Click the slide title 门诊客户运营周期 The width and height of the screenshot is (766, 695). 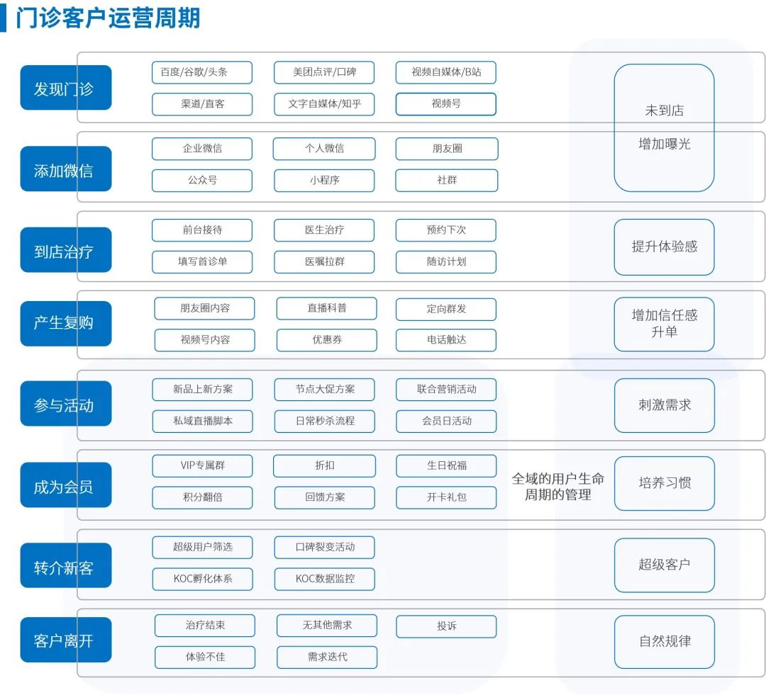click(x=108, y=18)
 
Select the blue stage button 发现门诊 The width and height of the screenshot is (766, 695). click(x=66, y=88)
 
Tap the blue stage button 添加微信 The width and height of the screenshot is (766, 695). click(x=66, y=169)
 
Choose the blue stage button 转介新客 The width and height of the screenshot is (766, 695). click(x=66, y=565)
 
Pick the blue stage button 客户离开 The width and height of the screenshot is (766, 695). click(x=66, y=640)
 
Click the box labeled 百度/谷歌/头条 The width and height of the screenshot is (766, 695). click(x=202, y=72)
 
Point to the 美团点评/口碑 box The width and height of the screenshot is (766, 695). click(x=324, y=72)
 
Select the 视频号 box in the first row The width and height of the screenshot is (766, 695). click(x=446, y=104)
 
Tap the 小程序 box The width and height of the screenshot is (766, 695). click(x=324, y=180)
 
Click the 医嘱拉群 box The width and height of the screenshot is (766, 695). click(x=324, y=261)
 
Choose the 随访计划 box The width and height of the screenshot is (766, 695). click(x=446, y=261)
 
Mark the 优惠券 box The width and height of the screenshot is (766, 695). click(x=327, y=339)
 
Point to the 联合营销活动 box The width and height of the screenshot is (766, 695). click(x=447, y=390)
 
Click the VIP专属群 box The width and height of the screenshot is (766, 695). click(x=203, y=465)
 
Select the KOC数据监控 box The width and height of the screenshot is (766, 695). click(x=325, y=579)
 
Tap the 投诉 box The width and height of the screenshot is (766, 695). click(x=447, y=626)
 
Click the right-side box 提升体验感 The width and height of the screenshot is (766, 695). click(x=665, y=247)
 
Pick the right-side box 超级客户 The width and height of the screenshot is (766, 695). click(x=665, y=565)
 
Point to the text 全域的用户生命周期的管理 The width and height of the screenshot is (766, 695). click(x=558, y=487)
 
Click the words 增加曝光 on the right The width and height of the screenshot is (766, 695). click(x=665, y=144)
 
